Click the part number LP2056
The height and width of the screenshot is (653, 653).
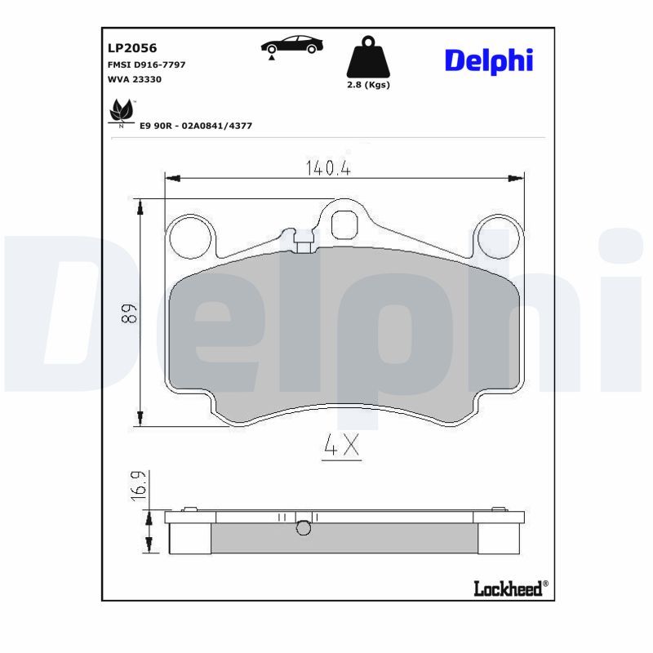pyautogui.click(x=132, y=48)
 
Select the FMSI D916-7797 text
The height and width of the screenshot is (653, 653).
pyautogui.click(x=146, y=64)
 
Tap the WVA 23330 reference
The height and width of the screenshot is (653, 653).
pyautogui.click(x=135, y=79)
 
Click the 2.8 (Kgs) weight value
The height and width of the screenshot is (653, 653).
pyautogui.click(x=369, y=85)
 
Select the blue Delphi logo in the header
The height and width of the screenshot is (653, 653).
pyautogui.click(x=489, y=62)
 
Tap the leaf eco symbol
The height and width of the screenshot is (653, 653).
pyautogui.click(x=121, y=113)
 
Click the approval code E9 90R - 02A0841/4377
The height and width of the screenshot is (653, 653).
pyautogui.click(x=196, y=126)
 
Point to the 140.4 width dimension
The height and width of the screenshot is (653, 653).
pyautogui.click(x=328, y=168)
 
